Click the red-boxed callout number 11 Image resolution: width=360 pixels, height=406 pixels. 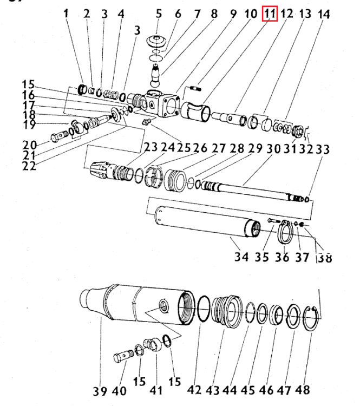[x=270, y=14]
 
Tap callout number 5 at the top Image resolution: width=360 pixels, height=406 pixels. [x=159, y=14]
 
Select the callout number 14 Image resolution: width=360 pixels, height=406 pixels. [x=324, y=14]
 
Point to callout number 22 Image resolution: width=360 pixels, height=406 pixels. [x=29, y=166]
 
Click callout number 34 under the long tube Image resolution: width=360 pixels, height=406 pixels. [x=241, y=257]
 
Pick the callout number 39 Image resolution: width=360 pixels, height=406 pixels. [x=100, y=391]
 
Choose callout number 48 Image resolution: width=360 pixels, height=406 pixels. [x=303, y=390]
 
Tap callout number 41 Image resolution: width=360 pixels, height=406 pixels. [x=156, y=390]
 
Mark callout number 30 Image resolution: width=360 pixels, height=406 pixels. [x=273, y=149]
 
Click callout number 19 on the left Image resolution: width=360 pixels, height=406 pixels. [x=29, y=125]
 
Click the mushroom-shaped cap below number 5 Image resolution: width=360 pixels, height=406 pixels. [x=156, y=42]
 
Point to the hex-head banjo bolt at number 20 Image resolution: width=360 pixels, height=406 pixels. [x=60, y=136]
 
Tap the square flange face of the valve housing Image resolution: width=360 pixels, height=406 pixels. [x=170, y=106]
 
